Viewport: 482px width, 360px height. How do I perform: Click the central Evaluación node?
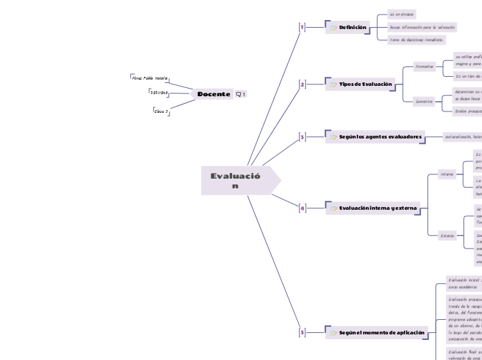[235, 181]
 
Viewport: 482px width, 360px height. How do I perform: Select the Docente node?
[213, 94]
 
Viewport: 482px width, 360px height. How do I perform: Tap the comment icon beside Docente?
[241, 94]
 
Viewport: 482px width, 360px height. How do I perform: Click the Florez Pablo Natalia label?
[150, 79]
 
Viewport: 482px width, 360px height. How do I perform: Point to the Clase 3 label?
[161, 110]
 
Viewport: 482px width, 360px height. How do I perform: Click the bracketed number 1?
[301, 27]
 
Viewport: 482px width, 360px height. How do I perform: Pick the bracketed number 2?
[302, 84]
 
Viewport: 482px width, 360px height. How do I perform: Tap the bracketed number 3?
[302, 137]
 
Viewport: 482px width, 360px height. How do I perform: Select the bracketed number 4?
[302, 208]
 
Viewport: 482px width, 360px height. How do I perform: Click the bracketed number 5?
[302, 332]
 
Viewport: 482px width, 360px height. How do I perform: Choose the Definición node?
[352, 27]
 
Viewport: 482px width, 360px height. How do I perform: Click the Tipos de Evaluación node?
[365, 84]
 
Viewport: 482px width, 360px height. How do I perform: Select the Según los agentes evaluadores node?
[380, 137]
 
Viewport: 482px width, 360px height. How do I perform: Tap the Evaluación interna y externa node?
[377, 208]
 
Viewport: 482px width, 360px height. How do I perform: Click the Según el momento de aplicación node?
[382, 332]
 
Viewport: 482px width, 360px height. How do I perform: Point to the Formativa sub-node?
[424, 67]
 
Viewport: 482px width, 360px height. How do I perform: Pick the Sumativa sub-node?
[424, 101]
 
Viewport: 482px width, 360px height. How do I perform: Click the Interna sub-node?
[447, 174]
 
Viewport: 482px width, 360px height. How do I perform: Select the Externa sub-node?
[447, 235]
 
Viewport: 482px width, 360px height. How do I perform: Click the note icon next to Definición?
[333, 28]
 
